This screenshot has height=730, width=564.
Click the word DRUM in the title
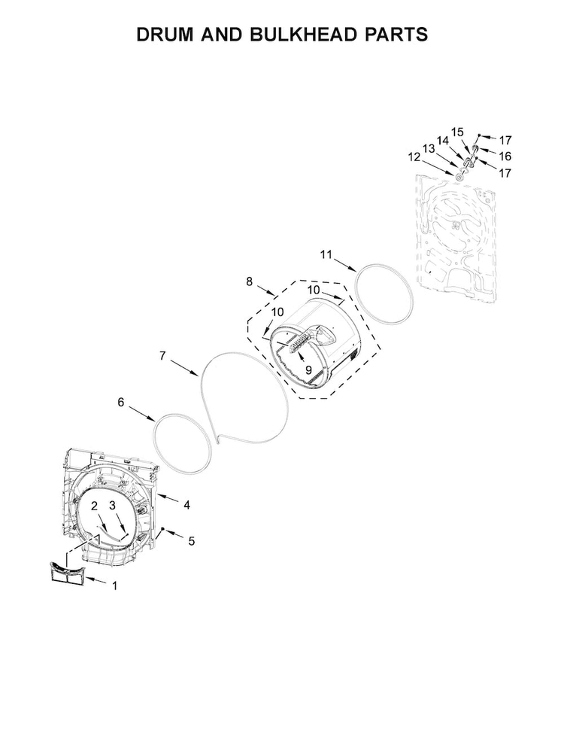tap(165, 35)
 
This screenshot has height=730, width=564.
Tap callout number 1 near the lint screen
tap(115, 586)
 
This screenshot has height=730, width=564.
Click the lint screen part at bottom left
tap(67, 572)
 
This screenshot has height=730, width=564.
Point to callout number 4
tap(186, 505)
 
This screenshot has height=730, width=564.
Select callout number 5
tap(191, 541)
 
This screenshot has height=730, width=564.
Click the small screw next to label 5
tap(163, 529)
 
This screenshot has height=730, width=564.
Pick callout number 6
tap(121, 402)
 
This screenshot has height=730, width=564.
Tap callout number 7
tap(162, 356)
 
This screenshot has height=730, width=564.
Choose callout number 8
tap(250, 281)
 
